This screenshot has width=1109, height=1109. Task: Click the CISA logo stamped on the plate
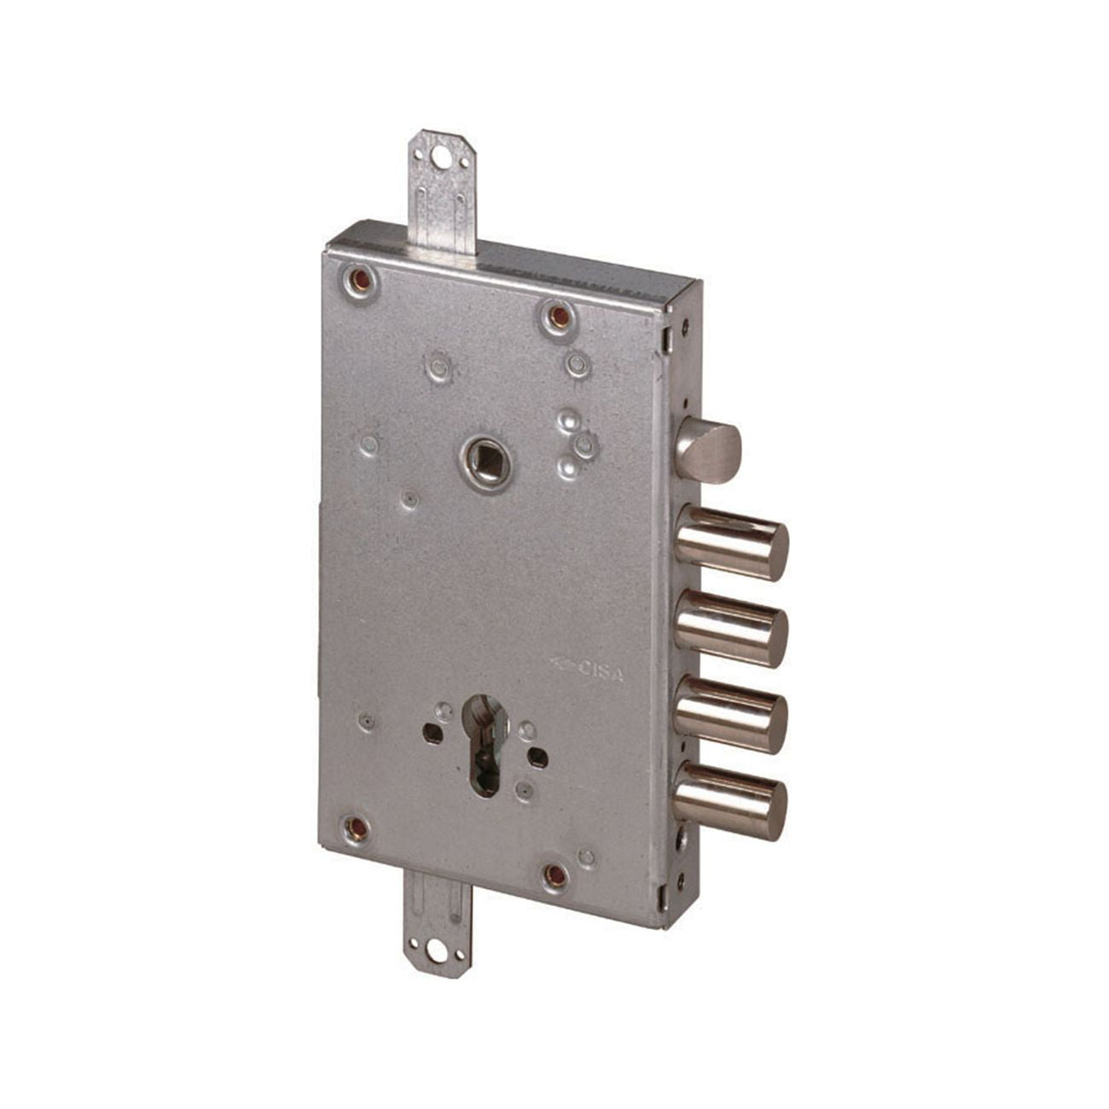click(x=587, y=671)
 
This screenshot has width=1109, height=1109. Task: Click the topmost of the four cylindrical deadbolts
click(x=731, y=543)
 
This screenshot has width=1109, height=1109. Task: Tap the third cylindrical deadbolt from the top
click(x=731, y=716)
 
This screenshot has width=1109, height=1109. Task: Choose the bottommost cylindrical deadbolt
click(x=731, y=801)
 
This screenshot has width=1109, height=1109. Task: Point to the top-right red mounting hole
click(x=557, y=314)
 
